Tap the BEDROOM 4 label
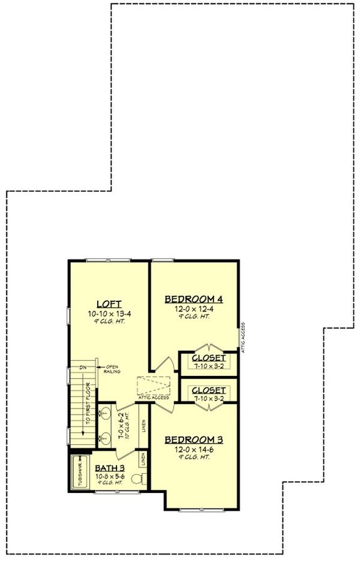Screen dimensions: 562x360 point(193,299)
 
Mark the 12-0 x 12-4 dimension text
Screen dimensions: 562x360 point(193,310)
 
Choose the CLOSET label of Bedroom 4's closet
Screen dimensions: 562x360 point(208,359)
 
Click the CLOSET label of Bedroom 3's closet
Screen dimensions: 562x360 point(208,390)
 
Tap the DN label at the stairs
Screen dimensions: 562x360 point(82,367)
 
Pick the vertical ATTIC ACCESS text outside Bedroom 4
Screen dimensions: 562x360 point(242,339)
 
